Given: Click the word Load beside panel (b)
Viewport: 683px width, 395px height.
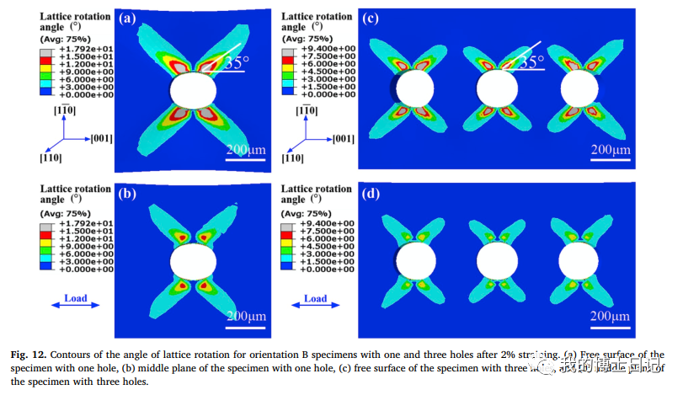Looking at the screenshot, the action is pyautogui.click(x=75, y=298).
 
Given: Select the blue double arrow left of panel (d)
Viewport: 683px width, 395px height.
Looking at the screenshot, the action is pyautogui.click(x=315, y=311).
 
